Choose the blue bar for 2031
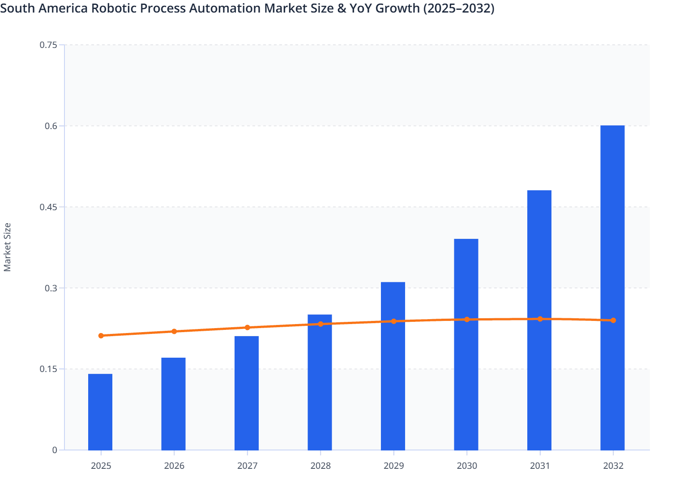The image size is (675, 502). click(539, 320)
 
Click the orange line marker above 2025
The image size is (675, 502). click(101, 336)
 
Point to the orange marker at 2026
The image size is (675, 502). click(174, 331)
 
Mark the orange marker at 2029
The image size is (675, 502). click(394, 321)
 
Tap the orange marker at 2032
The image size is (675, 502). click(613, 320)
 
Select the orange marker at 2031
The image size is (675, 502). click(540, 319)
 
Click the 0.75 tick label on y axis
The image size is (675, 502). click(48, 45)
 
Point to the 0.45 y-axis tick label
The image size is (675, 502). click(48, 207)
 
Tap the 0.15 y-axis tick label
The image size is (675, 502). click(48, 369)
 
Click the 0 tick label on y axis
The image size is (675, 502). click(55, 450)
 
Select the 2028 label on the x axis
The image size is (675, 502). click(320, 466)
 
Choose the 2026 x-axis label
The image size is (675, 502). click(174, 466)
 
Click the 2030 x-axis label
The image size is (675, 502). click(467, 466)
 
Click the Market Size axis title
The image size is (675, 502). click(7, 247)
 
